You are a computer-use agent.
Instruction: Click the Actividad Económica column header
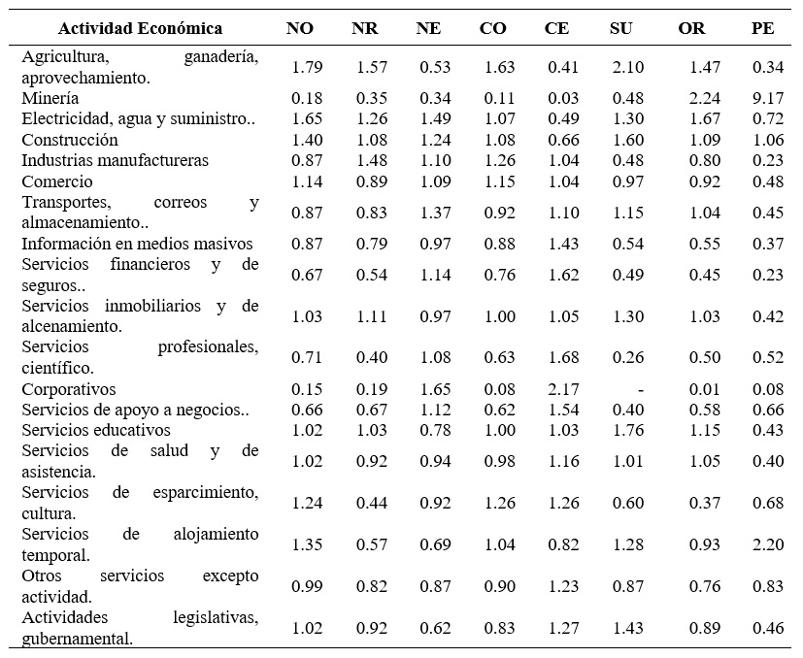tap(141, 28)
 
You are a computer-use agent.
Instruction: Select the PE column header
tap(762, 28)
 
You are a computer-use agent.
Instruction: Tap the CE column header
tap(556, 28)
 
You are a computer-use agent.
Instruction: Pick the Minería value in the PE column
tap(766, 98)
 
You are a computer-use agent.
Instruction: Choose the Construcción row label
tap(70, 140)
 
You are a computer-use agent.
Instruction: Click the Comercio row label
tap(57, 181)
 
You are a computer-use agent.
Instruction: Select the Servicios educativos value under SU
tap(621, 430)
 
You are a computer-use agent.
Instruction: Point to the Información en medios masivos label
tap(137, 244)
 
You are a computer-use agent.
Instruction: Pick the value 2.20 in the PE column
tap(766, 544)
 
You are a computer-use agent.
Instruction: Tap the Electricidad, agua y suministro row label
tap(138, 119)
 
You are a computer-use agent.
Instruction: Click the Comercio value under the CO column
tap(493, 181)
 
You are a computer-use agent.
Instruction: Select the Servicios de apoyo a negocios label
tap(135, 410)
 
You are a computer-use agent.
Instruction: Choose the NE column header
tap(428, 28)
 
